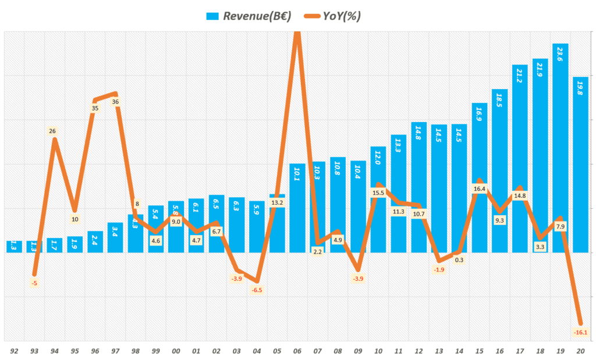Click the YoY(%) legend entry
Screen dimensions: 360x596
click(x=334, y=16)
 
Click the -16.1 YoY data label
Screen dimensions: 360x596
click(x=580, y=333)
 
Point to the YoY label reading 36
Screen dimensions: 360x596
click(x=115, y=102)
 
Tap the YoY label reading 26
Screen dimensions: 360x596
click(x=52, y=131)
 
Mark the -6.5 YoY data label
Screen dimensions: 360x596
click(x=257, y=290)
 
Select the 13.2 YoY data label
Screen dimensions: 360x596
click(x=277, y=202)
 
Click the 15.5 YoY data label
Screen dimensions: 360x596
click(x=378, y=193)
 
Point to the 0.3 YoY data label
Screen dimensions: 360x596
click(x=459, y=260)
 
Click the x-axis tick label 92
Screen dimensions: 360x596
click(x=15, y=351)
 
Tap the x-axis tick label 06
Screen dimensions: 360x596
click(x=297, y=351)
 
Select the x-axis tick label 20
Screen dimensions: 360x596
click(x=581, y=351)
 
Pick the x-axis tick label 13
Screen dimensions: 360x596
click(x=439, y=351)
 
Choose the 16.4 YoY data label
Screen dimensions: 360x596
click(x=479, y=189)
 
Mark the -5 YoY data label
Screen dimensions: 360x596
click(x=34, y=283)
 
